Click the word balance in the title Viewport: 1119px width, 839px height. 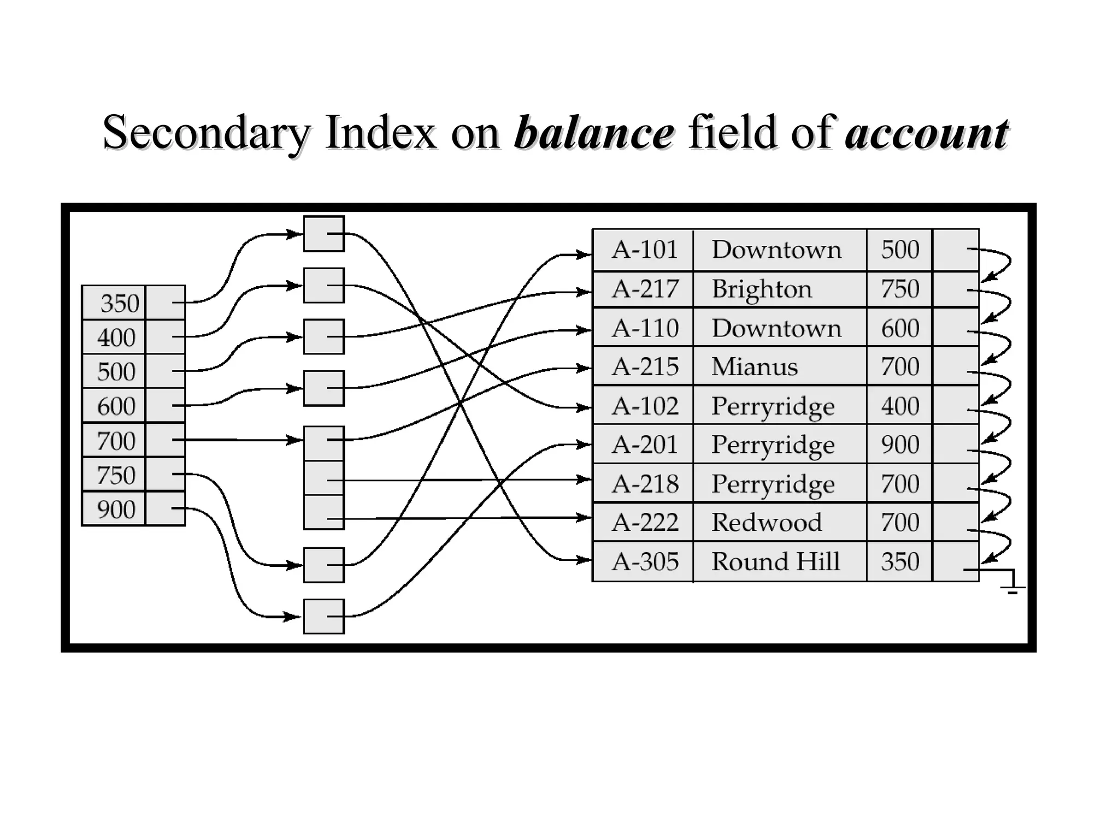pyautogui.click(x=594, y=133)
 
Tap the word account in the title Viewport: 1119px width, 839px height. pyautogui.click(x=926, y=133)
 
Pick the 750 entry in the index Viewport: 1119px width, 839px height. pyautogui.click(x=116, y=475)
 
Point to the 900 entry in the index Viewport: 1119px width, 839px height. pyautogui.click(x=116, y=509)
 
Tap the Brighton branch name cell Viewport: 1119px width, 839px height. pyautogui.click(x=762, y=289)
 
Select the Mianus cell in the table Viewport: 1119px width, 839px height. pyautogui.click(x=755, y=367)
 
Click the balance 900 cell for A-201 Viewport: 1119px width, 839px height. pyautogui.click(x=900, y=445)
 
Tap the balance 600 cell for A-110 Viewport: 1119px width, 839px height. pyautogui.click(x=900, y=328)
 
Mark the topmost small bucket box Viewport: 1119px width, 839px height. pyautogui.click(x=324, y=234)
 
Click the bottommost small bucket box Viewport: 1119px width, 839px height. pyautogui.click(x=324, y=617)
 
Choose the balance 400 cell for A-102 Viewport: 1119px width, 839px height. pyautogui.click(x=900, y=406)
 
